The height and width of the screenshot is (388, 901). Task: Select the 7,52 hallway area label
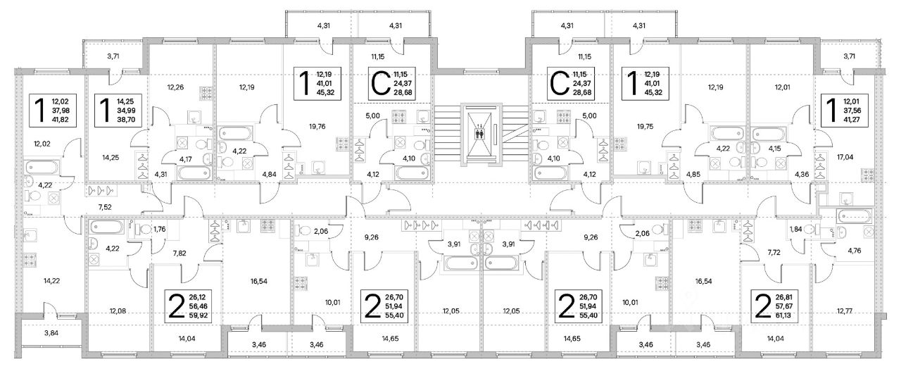pyautogui.click(x=106, y=208)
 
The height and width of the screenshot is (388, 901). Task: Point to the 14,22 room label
pyautogui.click(x=51, y=280)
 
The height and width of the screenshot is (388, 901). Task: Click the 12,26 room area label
pyautogui.click(x=175, y=88)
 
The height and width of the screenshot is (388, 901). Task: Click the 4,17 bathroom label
pyautogui.click(x=185, y=159)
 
